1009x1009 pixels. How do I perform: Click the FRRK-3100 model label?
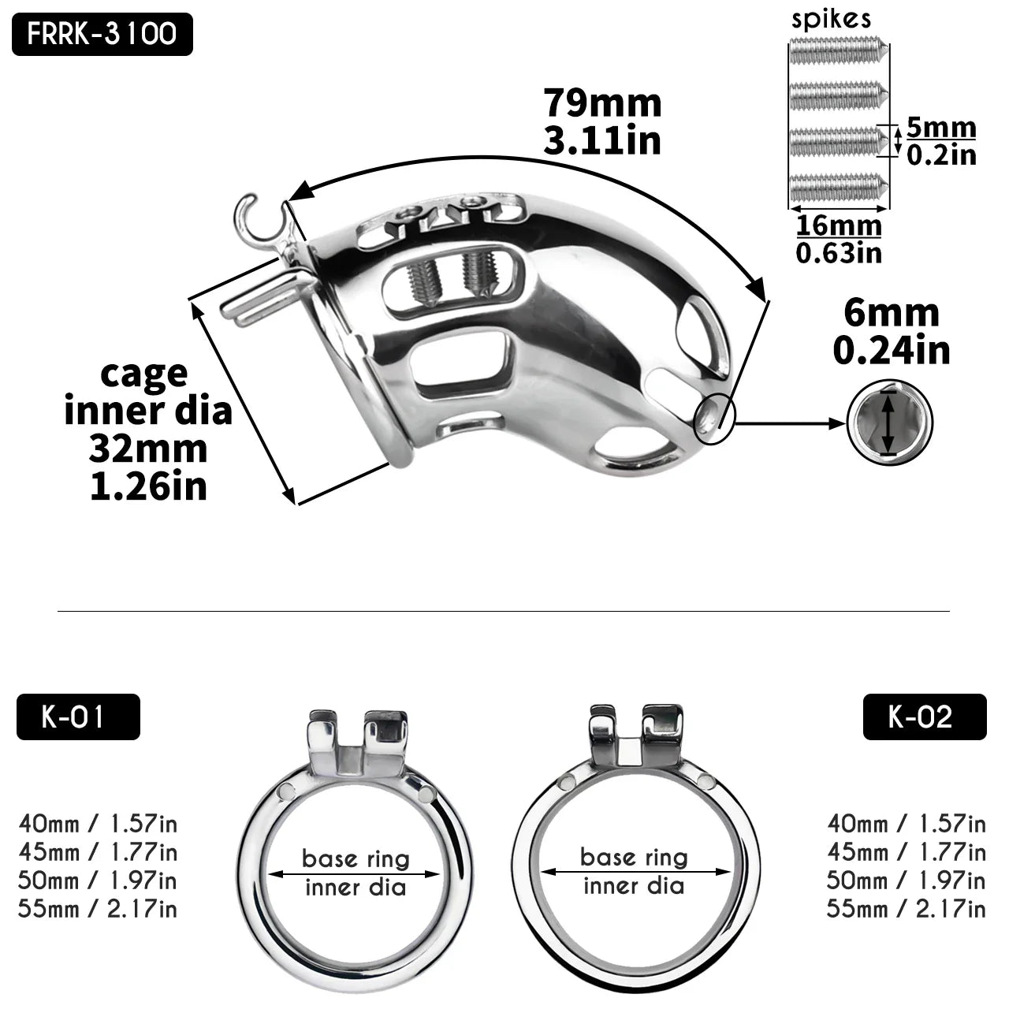102,35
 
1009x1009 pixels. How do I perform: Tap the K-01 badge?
78,717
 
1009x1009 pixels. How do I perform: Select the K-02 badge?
924,717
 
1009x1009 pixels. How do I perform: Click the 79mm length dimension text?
602,103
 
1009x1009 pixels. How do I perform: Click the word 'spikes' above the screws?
832,19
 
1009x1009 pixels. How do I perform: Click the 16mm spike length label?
839,225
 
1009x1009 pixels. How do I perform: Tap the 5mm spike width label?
940,128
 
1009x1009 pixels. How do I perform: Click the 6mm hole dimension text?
892,314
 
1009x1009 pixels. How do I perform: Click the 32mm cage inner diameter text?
148,449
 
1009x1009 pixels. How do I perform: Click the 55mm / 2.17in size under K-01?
98,909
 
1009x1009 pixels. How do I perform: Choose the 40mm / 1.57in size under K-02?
907,824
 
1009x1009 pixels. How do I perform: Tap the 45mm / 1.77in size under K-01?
98,852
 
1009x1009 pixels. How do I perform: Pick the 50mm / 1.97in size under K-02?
907,881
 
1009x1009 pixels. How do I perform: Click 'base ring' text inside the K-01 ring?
356,858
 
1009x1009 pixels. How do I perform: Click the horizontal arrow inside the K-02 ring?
635,872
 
